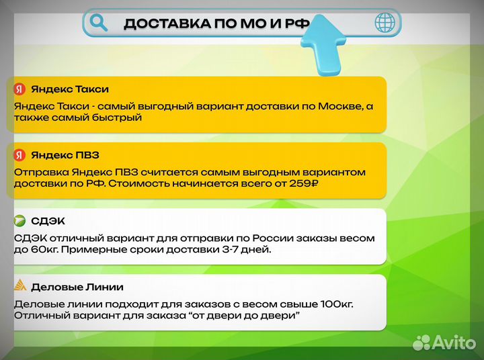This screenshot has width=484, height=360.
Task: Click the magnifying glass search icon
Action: point(99,23)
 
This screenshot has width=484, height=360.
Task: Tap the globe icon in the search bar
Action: point(385,23)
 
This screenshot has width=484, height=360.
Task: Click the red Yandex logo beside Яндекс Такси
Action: point(19,89)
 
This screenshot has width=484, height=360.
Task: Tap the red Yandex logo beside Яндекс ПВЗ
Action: point(19,155)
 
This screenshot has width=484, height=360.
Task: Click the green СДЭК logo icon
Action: point(19,221)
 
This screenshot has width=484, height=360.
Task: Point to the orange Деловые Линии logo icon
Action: point(20,286)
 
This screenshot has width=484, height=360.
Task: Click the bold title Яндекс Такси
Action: point(69,89)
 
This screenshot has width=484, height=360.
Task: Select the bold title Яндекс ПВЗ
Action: point(65,155)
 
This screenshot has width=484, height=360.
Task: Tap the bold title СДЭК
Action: point(48,221)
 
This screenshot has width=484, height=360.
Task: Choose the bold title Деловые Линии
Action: point(77,287)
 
